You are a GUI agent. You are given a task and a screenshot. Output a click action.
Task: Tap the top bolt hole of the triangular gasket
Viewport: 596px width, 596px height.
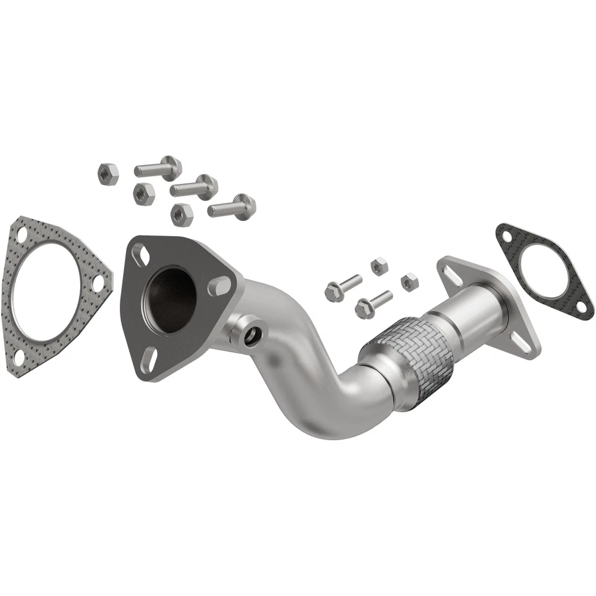point(22,236)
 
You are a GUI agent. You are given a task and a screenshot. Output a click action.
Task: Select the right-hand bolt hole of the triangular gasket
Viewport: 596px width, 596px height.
point(97,283)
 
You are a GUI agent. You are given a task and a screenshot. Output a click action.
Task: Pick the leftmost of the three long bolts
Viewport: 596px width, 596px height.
point(158,168)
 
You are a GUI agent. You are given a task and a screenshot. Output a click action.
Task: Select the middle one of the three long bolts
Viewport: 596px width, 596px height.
point(194,186)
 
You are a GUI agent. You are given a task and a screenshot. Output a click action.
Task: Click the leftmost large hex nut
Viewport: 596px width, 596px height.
point(109,174)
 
